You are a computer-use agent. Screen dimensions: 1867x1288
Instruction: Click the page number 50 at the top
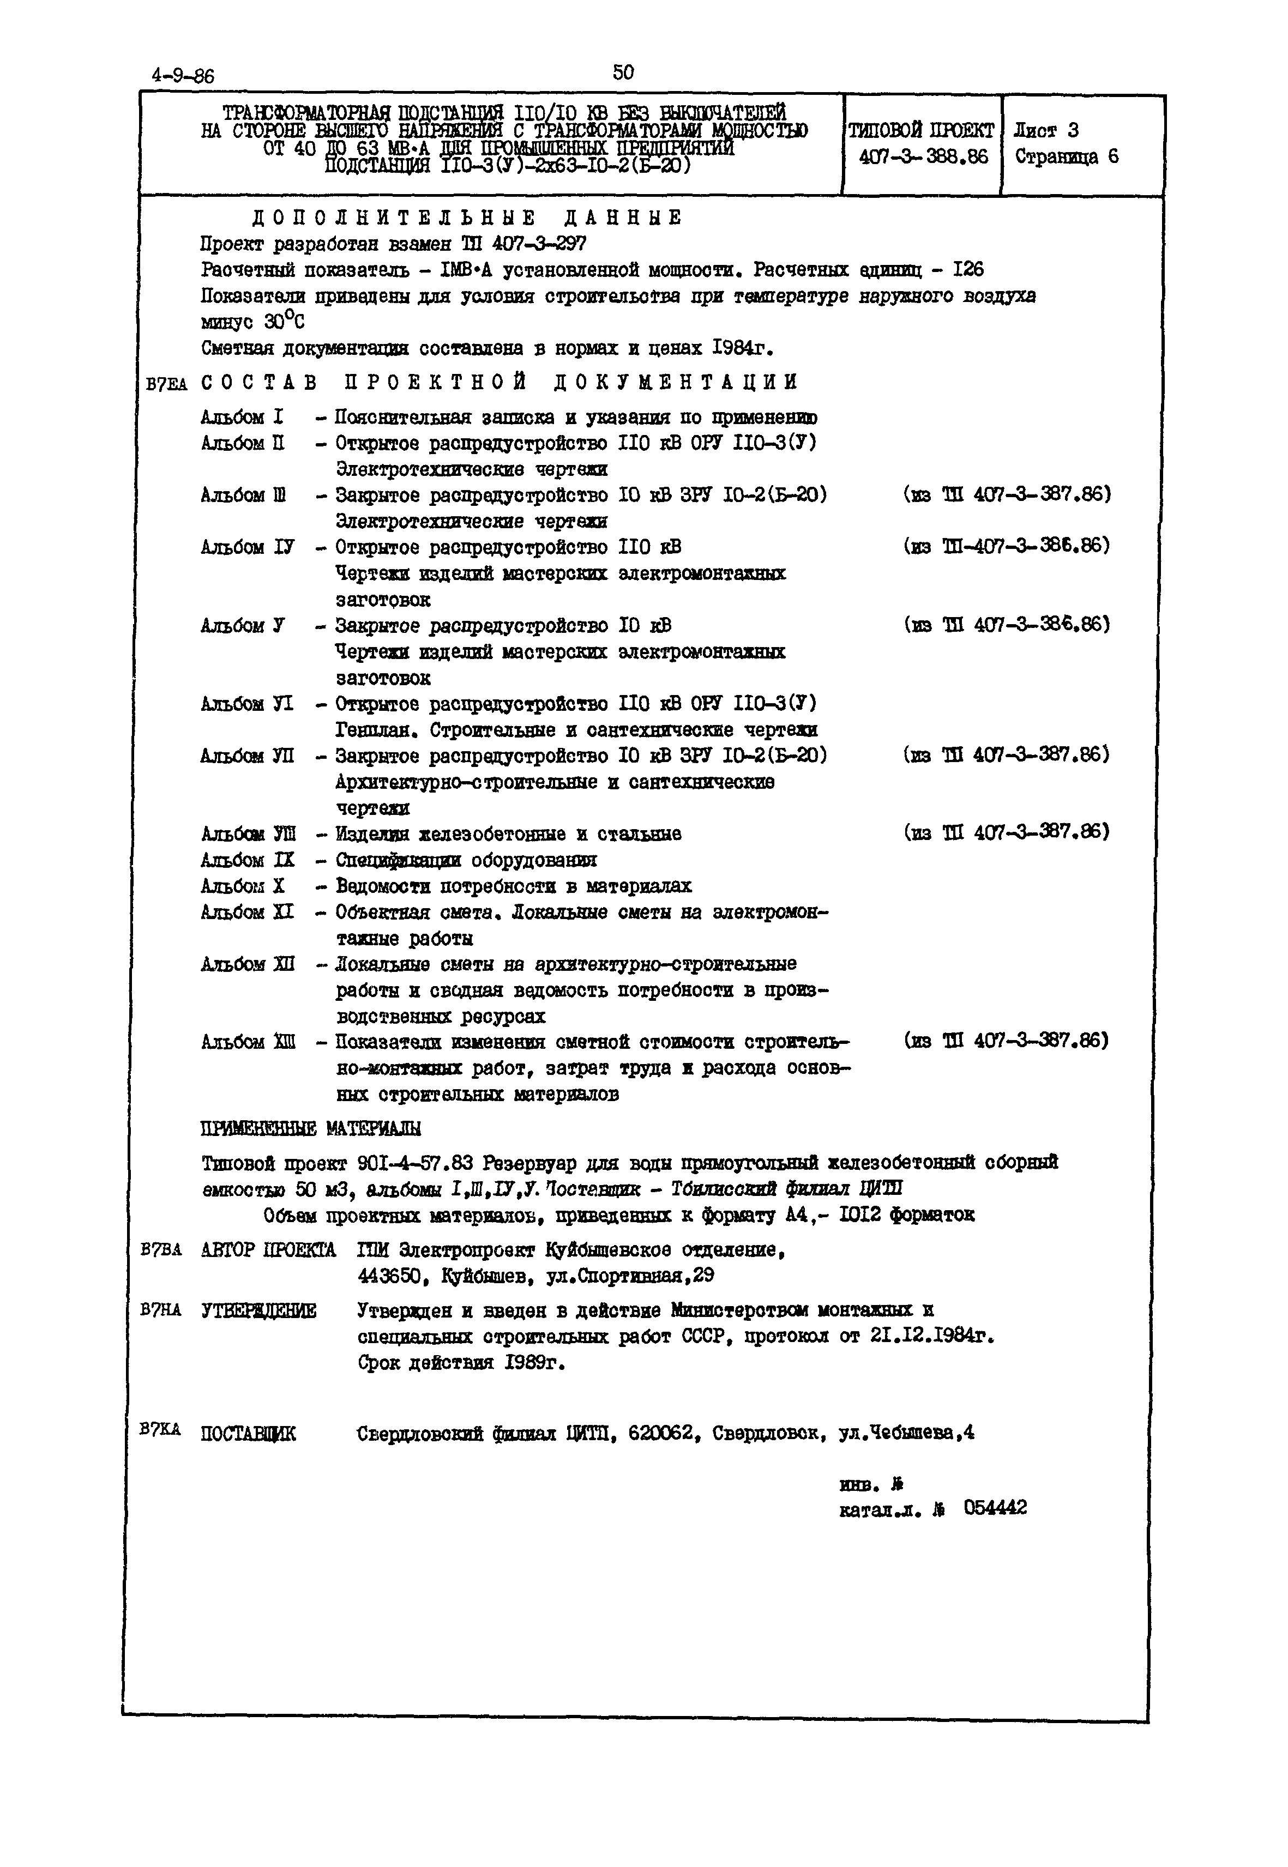click(x=623, y=72)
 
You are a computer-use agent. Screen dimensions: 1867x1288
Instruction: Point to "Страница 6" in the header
click(x=1066, y=156)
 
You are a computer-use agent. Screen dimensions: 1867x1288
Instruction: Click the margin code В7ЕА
click(x=167, y=385)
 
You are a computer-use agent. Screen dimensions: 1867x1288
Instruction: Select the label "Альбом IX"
click(x=248, y=860)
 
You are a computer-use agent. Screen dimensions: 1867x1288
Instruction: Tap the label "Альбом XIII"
click(x=248, y=1042)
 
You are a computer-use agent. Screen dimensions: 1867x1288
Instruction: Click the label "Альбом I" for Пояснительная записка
click(x=242, y=417)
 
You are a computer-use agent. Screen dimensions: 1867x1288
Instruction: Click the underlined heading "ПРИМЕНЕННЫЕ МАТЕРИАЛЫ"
click(x=311, y=1128)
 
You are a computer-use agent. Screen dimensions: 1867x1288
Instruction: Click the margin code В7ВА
click(x=161, y=1250)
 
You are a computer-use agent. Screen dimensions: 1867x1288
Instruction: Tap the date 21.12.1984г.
click(x=932, y=1336)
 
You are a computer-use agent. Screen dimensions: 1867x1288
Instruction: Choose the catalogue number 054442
click(x=995, y=1508)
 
